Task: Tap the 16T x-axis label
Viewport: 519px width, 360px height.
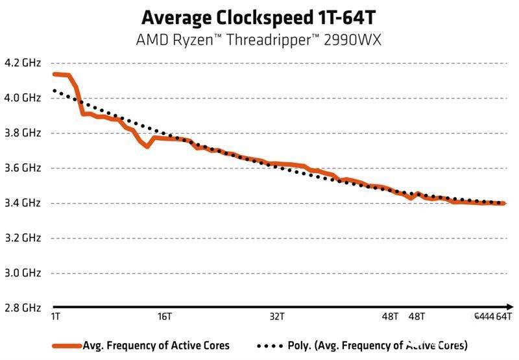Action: pos(165,317)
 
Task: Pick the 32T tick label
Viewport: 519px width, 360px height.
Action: pos(277,317)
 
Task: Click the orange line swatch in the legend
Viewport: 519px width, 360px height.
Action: pos(67,344)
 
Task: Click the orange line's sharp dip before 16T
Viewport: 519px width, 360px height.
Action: pos(147,146)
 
